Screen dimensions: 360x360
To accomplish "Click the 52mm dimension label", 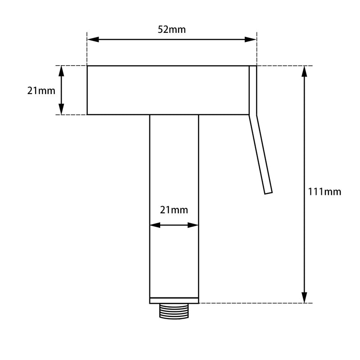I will point(171,30).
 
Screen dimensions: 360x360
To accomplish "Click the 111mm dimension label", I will point(324,192).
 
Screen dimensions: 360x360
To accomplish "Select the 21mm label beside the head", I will point(41,90).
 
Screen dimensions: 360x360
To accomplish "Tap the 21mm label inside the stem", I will point(174,210).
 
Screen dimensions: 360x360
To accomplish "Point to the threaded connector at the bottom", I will point(174,311).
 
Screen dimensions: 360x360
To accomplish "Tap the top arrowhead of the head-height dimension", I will point(61,71).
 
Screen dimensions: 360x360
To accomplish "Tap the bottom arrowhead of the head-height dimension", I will point(61,109).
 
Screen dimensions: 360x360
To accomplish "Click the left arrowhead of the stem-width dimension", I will point(155,225).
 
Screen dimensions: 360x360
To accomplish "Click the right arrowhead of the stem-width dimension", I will point(193,225).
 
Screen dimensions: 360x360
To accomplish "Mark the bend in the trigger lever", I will point(253,115).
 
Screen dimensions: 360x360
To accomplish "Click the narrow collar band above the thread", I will point(174,300).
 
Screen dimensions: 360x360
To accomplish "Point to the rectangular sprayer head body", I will point(167,90).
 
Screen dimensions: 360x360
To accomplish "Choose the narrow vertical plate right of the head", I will point(253,90).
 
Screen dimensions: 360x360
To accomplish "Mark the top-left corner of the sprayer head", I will point(87,66).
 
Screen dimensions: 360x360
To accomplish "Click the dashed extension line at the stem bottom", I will point(252,303).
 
